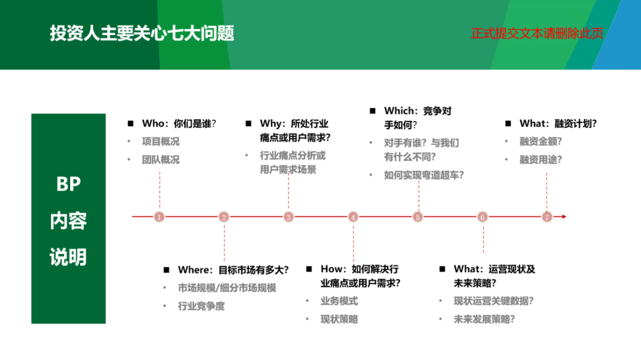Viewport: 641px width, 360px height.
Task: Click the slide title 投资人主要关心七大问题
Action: click(x=142, y=33)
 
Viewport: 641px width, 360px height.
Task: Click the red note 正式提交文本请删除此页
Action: click(x=537, y=33)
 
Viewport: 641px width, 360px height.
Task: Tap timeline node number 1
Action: click(x=159, y=217)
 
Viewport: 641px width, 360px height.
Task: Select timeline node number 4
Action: click(x=353, y=217)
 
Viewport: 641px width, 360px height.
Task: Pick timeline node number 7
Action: click(x=547, y=217)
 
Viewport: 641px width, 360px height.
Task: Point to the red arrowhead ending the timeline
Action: click(x=563, y=217)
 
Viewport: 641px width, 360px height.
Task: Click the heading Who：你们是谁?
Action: click(x=179, y=124)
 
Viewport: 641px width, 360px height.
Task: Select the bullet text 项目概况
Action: click(x=160, y=142)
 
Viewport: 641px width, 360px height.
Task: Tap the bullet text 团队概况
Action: click(x=160, y=160)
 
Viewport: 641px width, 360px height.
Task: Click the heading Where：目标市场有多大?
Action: click(x=233, y=270)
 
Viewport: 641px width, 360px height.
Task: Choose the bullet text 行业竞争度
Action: click(x=201, y=307)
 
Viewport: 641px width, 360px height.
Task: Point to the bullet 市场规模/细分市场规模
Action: click(x=227, y=288)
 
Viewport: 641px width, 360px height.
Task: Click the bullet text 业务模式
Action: click(x=339, y=301)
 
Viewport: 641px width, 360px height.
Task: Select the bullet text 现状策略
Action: click(x=339, y=319)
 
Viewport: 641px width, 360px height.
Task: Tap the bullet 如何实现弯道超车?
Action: click(x=424, y=175)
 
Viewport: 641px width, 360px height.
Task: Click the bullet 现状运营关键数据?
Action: click(x=493, y=301)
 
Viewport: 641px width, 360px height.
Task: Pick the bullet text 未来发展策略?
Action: click(x=484, y=319)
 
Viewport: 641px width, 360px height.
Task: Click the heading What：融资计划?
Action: click(x=558, y=124)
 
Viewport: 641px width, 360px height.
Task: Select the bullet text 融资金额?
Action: click(x=540, y=142)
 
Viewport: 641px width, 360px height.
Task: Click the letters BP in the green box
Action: click(x=68, y=185)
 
